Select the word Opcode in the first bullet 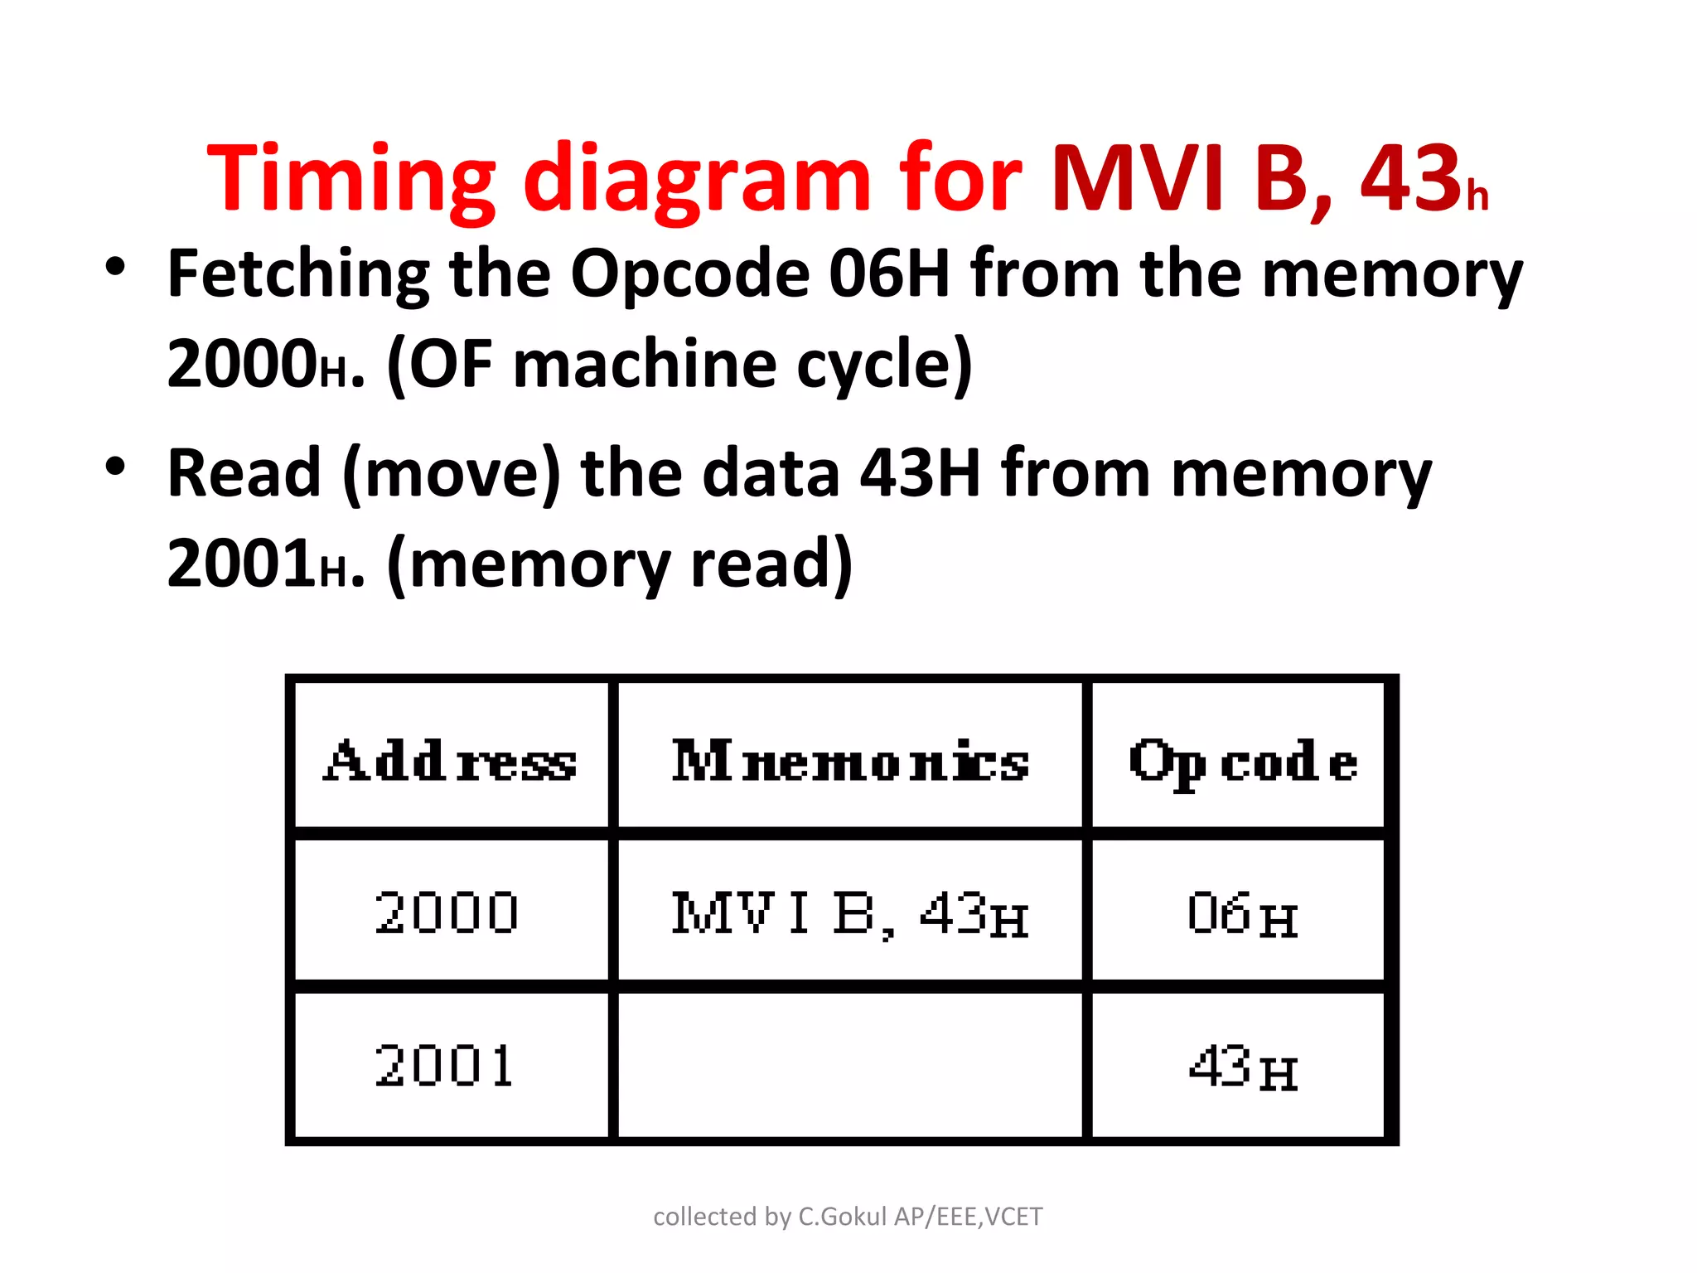689,274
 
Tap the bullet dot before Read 115,467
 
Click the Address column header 450,761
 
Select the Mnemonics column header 850,761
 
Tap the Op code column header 1242,761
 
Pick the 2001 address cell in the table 445,1066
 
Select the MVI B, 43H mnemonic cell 850,913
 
